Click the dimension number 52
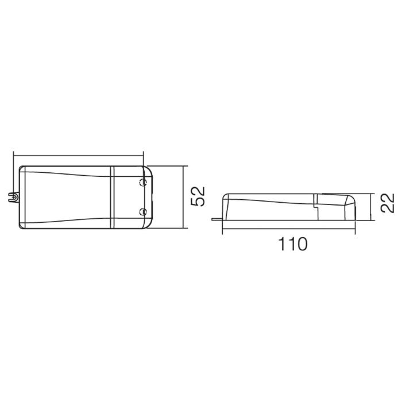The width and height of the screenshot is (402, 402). [x=199, y=196]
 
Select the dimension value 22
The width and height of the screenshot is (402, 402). [x=387, y=203]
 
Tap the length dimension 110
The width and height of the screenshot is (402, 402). [x=292, y=244]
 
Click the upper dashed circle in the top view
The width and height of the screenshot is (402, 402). [x=142, y=182]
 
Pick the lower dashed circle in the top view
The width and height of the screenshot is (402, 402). [x=142, y=212]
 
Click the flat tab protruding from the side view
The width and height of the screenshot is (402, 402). [x=218, y=219]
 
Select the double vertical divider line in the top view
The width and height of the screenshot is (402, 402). [x=112, y=197]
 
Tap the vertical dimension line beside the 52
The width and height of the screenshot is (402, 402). [x=184, y=197]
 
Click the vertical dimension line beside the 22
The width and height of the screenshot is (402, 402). [x=371, y=207]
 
